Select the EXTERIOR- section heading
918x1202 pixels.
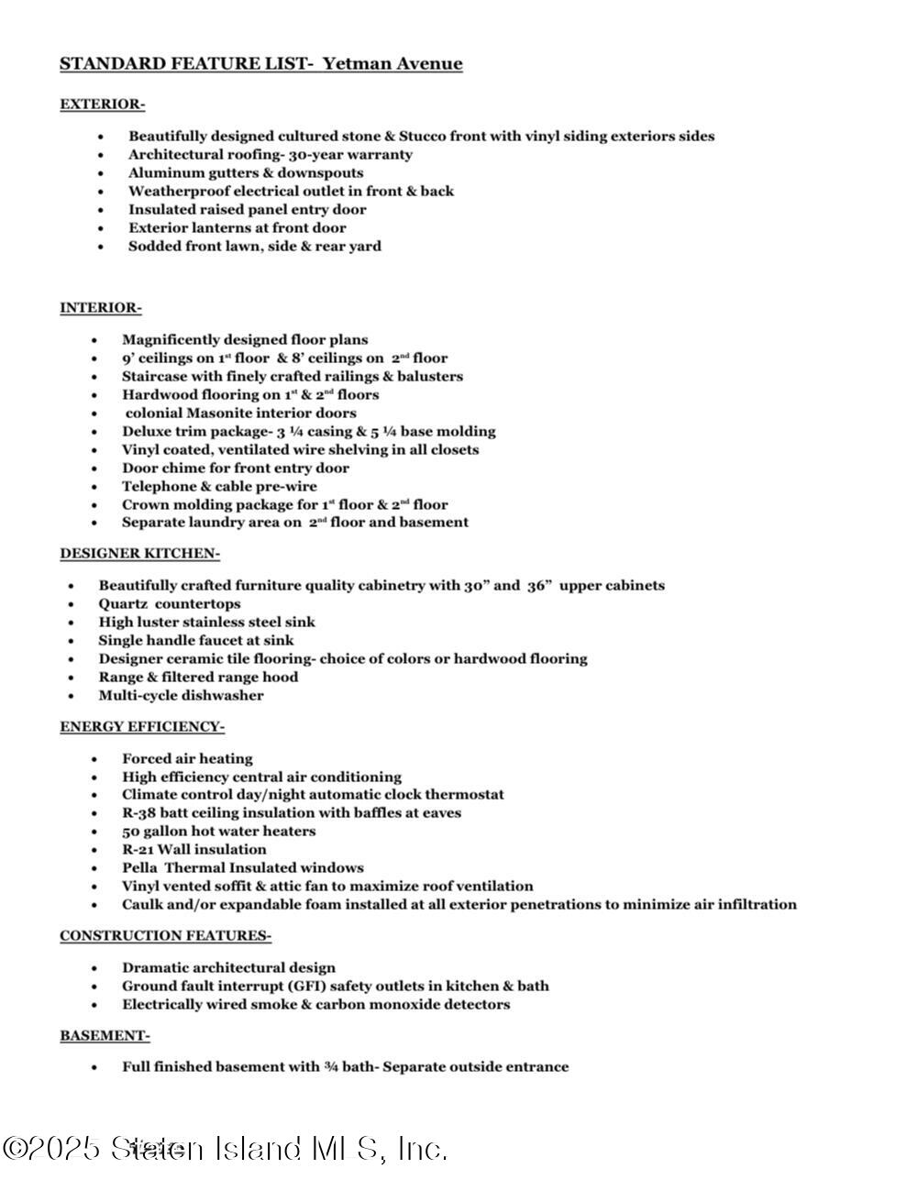102,105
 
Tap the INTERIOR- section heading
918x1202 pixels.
101,308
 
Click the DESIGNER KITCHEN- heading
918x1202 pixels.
139,554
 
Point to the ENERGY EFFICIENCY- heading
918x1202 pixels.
142,727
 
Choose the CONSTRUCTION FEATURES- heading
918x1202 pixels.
165,936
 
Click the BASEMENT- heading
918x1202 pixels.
105,1036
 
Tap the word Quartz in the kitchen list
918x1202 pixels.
123,604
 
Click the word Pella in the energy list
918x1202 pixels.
139,868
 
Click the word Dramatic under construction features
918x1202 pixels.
155,968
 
